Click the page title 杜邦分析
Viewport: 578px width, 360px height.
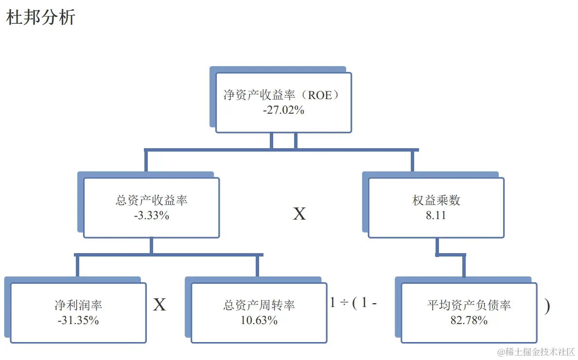click(41, 17)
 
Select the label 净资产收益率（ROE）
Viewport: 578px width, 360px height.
click(281, 95)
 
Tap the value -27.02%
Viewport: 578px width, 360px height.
click(284, 110)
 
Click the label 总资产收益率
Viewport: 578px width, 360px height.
click(152, 200)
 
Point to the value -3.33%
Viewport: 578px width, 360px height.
click(152, 215)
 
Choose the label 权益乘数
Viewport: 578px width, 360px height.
click(436, 200)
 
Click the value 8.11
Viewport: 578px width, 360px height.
click(436, 215)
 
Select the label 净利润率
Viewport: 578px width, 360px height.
click(78, 305)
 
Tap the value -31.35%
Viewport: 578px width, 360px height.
click(78, 320)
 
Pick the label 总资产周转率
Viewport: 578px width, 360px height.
click(259, 305)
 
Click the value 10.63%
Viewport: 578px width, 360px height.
click(259, 320)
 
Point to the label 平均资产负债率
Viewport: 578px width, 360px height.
click(469, 305)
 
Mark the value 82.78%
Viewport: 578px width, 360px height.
click(469, 320)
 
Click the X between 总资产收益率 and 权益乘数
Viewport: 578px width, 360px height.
click(299, 214)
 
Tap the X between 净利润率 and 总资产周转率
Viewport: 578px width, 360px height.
click(159, 305)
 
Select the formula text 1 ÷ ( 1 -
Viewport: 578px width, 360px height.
click(353, 303)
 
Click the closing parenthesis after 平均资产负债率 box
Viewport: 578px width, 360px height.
click(547, 306)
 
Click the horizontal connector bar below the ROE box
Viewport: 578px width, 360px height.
click(340, 150)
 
